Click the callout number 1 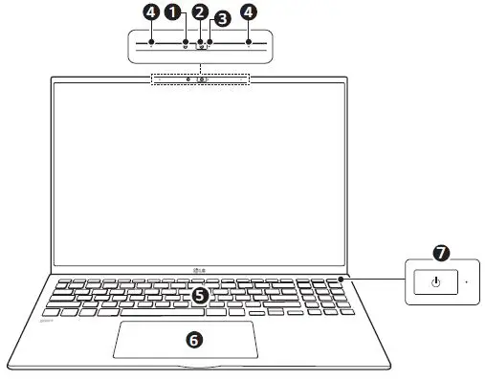(x=173, y=12)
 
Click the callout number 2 (x=199, y=12)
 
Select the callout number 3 (x=222, y=18)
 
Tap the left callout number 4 (x=150, y=12)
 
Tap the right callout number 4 (x=249, y=12)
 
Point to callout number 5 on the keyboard (x=199, y=296)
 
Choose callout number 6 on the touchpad (x=192, y=339)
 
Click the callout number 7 (x=441, y=254)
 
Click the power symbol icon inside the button (x=435, y=282)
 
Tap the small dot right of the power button (x=466, y=282)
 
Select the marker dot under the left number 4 (x=150, y=43)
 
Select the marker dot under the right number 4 (x=249, y=43)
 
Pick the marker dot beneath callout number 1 (x=185, y=43)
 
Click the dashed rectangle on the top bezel (x=200, y=78)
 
